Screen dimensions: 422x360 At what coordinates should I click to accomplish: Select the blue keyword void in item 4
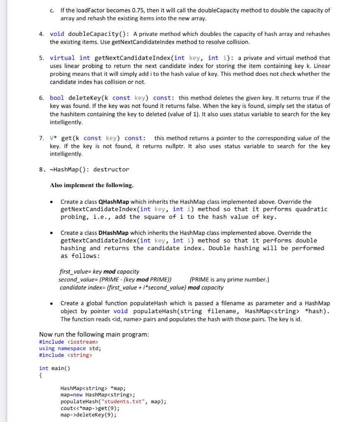pos(57,34)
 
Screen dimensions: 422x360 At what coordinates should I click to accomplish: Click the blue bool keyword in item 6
pos(56,98)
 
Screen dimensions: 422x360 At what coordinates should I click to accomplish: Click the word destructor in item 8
pos(111,169)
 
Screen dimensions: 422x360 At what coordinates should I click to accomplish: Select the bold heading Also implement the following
pos(92,185)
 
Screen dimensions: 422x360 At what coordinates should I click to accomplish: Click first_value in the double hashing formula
pos(74,272)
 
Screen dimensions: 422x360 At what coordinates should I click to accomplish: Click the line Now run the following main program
pos(94,334)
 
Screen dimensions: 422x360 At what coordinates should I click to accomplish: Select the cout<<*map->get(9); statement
pos(90,408)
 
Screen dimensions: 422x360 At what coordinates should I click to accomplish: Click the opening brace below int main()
pos(40,375)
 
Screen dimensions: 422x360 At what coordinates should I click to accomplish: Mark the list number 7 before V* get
pos(41,138)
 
